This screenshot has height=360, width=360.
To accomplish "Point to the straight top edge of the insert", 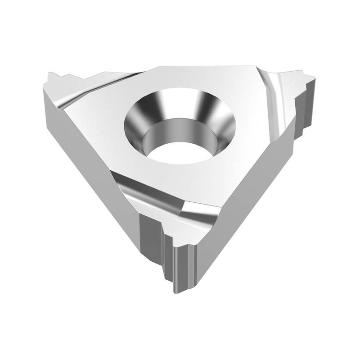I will click(x=202, y=67).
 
